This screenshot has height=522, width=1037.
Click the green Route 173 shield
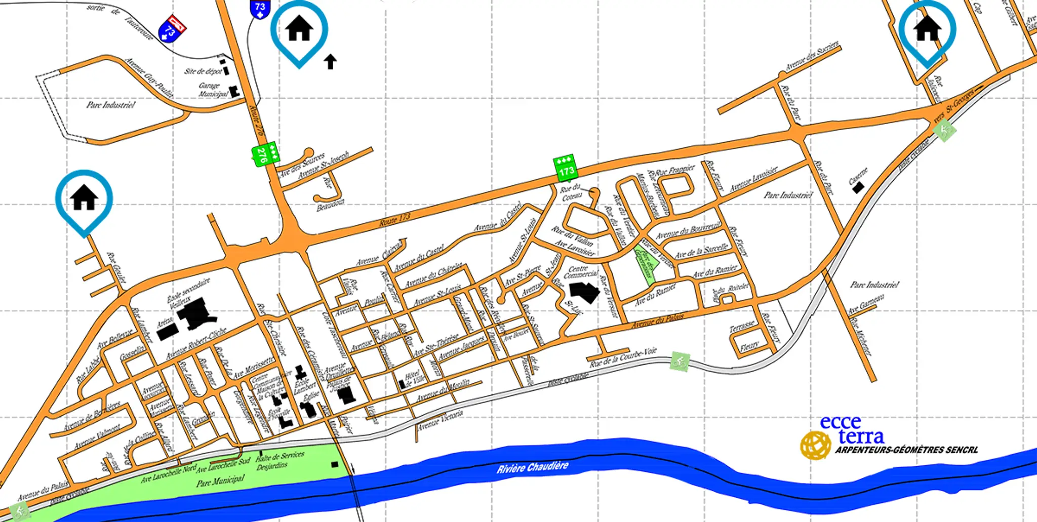566,167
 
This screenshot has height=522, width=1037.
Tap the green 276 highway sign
264,153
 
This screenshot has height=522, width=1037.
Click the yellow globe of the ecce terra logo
815,445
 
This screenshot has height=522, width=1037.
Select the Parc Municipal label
220,480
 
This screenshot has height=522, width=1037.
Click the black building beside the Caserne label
858,188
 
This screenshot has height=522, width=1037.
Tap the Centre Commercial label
580,272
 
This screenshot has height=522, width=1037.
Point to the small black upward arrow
330,62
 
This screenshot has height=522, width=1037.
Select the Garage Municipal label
212,90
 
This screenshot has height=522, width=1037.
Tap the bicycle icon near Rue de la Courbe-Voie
680,362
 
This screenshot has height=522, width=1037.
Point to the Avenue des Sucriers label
812,57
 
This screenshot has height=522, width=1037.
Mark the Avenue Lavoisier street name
753,179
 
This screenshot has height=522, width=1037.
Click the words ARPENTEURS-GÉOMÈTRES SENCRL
906,450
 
